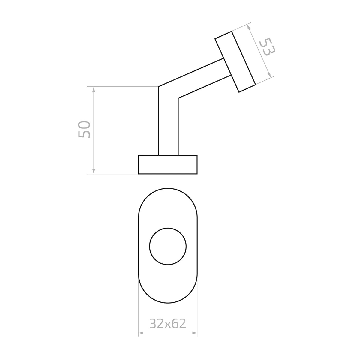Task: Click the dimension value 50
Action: [x=84, y=130]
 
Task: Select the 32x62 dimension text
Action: [x=168, y=323]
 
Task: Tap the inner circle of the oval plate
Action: [x=168, y=246]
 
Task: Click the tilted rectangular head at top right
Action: [x=235, y=62]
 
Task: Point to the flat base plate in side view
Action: [x=168, y=165]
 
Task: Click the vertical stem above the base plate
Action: [x=168, y=129]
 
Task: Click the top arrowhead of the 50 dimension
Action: [x=94, y=89]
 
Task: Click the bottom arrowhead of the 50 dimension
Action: [x=94, y=171]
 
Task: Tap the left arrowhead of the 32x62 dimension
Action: [x=141, y=333]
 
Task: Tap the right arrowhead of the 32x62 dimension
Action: [x=195, y=333]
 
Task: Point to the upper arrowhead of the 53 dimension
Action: [x=249, y=27]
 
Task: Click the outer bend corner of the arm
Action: [x=159, y=87]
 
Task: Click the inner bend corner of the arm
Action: [x=178, y=98]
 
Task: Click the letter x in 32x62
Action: [x=167, y=324]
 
